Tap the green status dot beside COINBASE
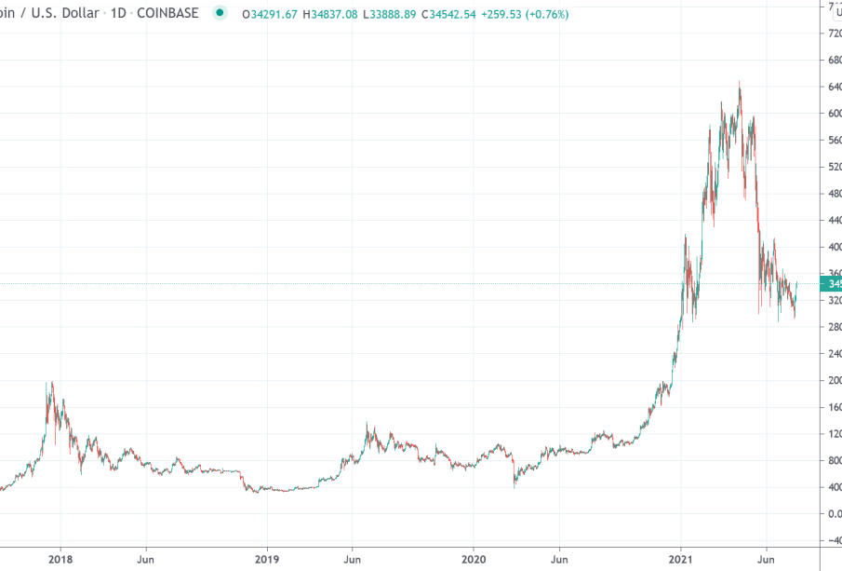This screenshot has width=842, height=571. [220, 14]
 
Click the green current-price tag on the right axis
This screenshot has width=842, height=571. [831, 283]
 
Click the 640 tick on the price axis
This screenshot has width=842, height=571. [832, 87]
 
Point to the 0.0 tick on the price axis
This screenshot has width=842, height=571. [832, 513]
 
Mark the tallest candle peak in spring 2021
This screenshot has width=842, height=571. [740, 82]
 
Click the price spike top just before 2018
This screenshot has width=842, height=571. [51, 382]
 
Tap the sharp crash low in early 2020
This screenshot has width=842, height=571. [515, 486]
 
